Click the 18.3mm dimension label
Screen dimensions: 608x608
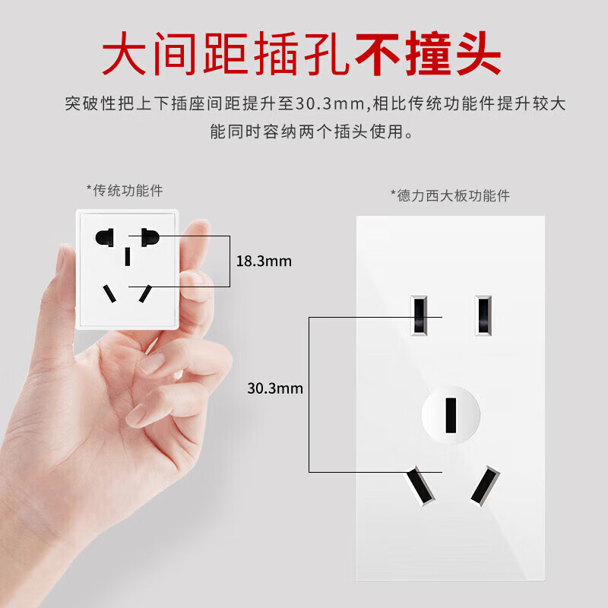pos(264,261)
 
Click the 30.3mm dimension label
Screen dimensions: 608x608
pos(275,388)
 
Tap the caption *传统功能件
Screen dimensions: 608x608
pos(125,191)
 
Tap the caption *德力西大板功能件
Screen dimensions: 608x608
pos(450,196)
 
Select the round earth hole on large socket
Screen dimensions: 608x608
pos(451,415)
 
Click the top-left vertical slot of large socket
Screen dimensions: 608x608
pos(419,315)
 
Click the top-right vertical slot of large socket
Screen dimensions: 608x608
pos(483,315)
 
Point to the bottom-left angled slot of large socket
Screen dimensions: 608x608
pos(421,486)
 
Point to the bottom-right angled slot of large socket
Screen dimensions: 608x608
pos(485,486)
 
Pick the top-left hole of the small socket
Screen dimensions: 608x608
pos(105,237)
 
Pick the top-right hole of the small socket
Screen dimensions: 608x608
pos(150,237)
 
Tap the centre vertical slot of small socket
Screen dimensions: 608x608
pos(128,257)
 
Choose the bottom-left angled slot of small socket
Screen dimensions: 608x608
pos(109,293)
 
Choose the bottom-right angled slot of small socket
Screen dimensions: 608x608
pos(145,293)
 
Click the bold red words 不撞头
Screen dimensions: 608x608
pos(428,53)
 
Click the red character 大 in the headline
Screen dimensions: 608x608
pos(124,53)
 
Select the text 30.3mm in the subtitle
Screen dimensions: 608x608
pos(331,103)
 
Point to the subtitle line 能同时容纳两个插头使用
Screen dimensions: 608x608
pos(312,131)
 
